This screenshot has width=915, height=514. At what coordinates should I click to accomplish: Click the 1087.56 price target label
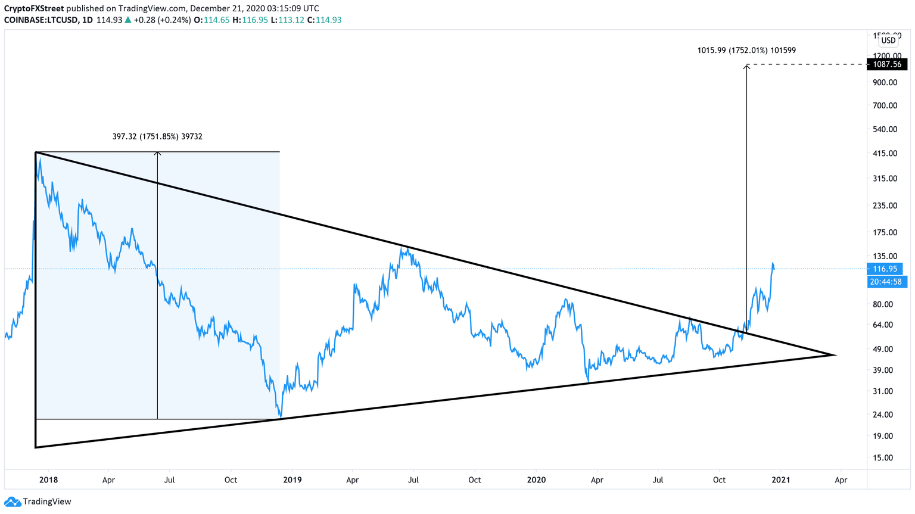point(887,64)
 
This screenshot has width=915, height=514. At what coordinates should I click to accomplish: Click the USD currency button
point(888,41)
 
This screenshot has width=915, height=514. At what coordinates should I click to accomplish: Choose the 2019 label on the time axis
point(292,479)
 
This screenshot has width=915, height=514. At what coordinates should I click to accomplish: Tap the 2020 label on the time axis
point(536,479)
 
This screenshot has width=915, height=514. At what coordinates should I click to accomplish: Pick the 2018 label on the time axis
point(48,479)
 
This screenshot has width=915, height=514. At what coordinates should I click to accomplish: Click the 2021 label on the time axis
point(780,479)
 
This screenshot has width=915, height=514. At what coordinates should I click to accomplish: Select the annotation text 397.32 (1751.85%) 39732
point(157,136)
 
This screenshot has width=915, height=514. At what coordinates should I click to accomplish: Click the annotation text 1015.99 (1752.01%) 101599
point(746,51)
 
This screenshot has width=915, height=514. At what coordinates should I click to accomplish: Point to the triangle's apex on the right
point(835,355)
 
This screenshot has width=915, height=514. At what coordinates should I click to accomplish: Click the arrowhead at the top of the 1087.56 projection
point(746,66)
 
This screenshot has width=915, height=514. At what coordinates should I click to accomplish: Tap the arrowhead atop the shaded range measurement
point(157,154)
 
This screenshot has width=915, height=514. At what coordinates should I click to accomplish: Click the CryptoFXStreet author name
point(34,8)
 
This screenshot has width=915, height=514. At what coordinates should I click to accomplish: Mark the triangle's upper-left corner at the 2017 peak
point(36,152)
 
